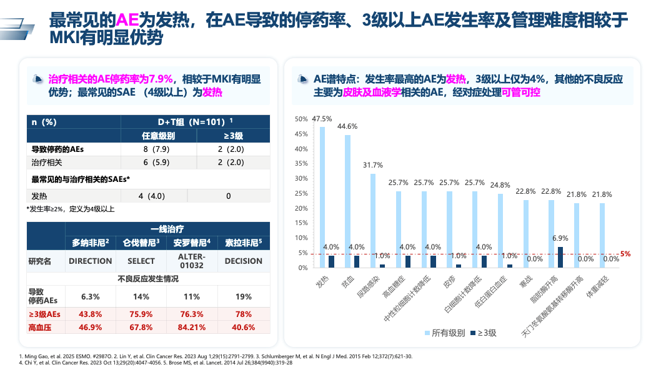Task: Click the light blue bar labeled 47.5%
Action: click(x=322, y=197)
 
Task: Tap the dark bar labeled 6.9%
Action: click(x=560, y=257)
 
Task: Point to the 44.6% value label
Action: click(x=347, y=126)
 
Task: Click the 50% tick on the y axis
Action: click(x=301, y=119)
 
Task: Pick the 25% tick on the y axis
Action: click(x=301, y=193)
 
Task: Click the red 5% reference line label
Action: click(x=625, y=254)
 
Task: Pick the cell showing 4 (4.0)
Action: click(x=151, y=196)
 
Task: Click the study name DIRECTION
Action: click(x=91, y=261)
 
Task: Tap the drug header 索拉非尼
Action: click(x=242, y=241)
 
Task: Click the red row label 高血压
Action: click(x=39, y=327)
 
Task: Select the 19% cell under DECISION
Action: click(x=243, y=296)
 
